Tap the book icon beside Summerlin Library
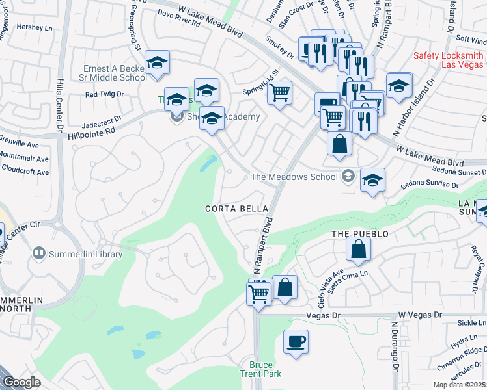pos(39,254)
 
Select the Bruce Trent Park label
pos(265,369)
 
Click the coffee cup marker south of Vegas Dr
pos(296,341)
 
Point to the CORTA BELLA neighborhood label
pos(236,209)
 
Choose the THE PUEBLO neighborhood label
pos(360,233)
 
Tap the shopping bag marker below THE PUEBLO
pos(358,249)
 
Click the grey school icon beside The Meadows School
pos(348,176)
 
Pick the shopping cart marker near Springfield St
pos(279,93)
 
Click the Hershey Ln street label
pos(34,28)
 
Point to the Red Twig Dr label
pos(104,94)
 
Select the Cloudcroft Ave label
pos(25,172)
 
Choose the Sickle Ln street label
pos(472,322)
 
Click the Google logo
pos(22,382)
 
